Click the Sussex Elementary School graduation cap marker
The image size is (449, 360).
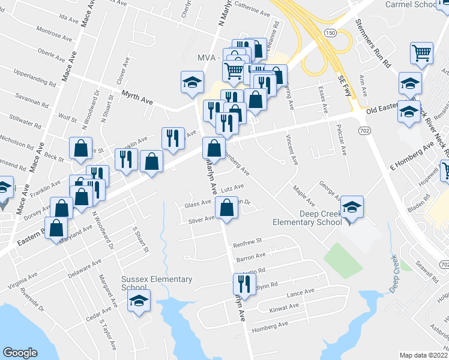[x=139, y=301]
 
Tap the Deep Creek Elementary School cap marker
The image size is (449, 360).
[x=352, y=208]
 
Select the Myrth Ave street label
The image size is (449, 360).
[x=137, y=97]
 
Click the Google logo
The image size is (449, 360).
[x=20, y=352]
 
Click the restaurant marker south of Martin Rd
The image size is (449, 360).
[x=243, y=283]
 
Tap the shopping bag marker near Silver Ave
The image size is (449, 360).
[x=226, y=209]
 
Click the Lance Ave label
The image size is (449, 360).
[x=300, y=292]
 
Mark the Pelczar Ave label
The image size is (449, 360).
[x=341, y=143]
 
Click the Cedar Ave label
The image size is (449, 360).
[x=100, y=314]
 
